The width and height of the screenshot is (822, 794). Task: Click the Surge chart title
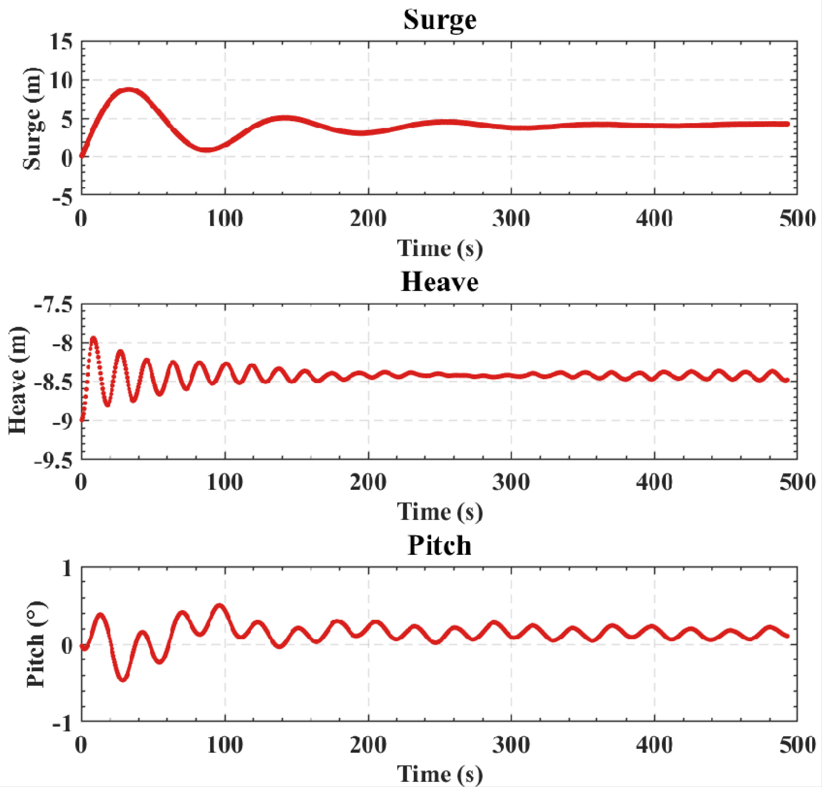pyautogui.click(x=440, y=20)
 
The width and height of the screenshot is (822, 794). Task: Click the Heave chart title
pyautogui.click(x=440, y=282)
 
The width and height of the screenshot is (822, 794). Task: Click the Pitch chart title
pyautogui.click(x=440, y=546)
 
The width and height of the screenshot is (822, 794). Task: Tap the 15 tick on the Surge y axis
pyautogui.click(x=61, y=42)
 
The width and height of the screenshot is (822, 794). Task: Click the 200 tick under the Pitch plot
pyautogui.click(x=368, y=745)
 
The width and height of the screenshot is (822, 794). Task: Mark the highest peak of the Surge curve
pyautogui.click(x=128, y=90)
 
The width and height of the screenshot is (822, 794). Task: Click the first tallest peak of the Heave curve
pyautogui.click(x=93, y=338)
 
